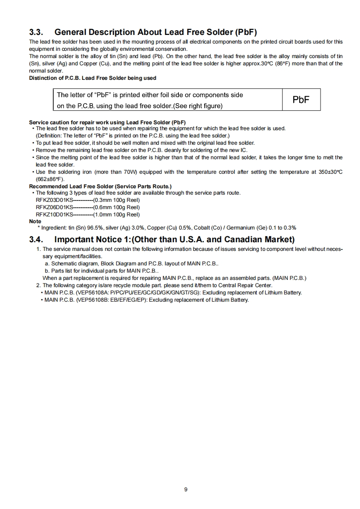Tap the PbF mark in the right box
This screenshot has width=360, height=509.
coord(301,100)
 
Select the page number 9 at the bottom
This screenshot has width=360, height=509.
coord(186,489)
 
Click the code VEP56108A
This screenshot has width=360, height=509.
coord(93,293)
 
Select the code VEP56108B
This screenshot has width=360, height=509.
coord(93,300)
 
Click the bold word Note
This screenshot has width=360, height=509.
coord(35,221)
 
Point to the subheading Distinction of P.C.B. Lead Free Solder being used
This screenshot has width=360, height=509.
coord(93,78)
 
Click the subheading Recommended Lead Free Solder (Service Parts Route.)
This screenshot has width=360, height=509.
coord(100,186)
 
